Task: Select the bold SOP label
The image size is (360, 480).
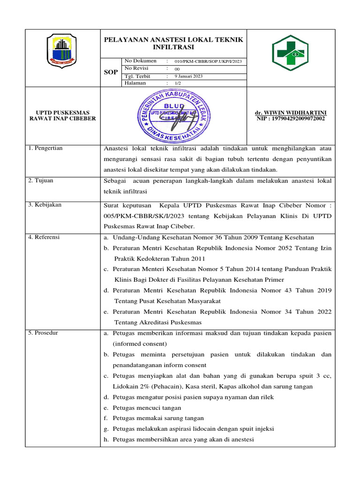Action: [x=111, y=72]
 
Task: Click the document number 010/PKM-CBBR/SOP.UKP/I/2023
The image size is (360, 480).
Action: [x=208, y=61]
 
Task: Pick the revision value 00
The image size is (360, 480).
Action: [x=177, y=68]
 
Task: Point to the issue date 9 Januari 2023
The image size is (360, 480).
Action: [x=188, y=76]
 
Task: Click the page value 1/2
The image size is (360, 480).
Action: [x=178, y=83]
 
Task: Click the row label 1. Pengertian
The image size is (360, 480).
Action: [x=45, y=149]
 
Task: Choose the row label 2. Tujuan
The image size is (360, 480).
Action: [x=41, y=180]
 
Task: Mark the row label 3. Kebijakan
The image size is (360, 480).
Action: [x=45, y=205]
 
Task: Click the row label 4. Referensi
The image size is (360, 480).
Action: [x=44, y=237]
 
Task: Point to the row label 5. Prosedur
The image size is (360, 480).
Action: [x=43, y=333]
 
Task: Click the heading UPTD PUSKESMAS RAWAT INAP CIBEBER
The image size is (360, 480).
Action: [x=63, y=115]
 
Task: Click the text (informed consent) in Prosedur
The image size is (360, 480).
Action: [x=133, y=344]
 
